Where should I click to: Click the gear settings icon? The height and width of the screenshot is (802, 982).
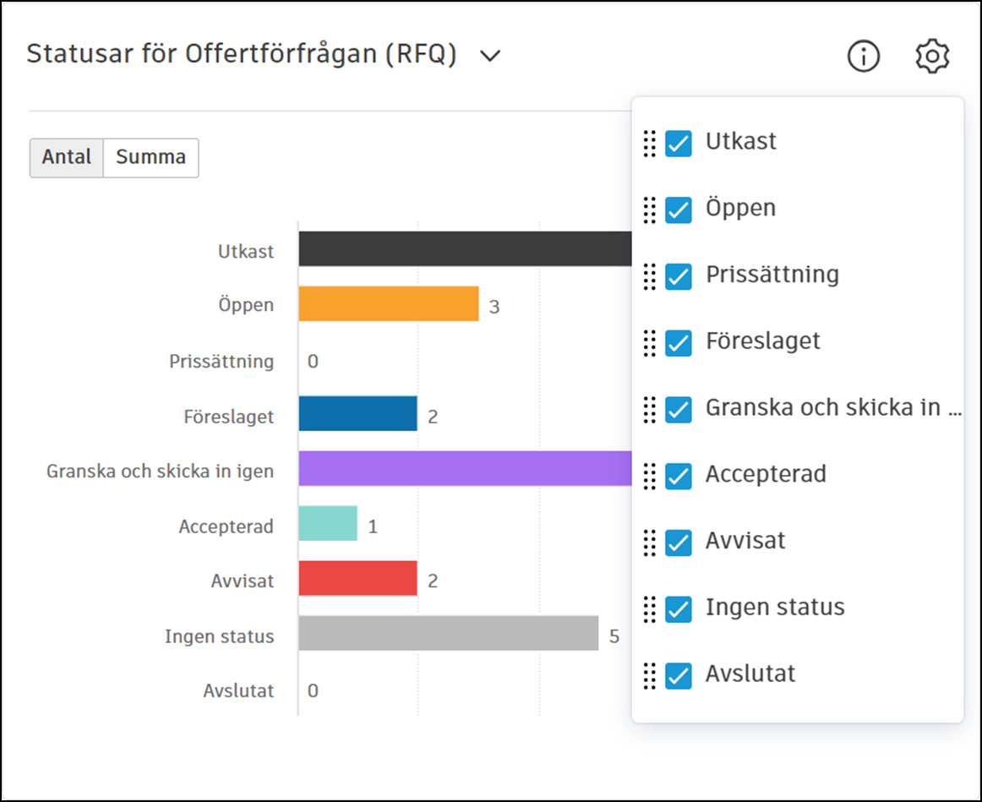tap(932, 57)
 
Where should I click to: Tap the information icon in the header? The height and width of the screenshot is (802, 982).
tap(863, 57)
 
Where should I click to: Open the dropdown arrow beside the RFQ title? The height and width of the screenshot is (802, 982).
tap(490, 57)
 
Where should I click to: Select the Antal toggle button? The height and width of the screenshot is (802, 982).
tap(67, 158)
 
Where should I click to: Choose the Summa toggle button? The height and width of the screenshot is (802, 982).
tap(151, 158)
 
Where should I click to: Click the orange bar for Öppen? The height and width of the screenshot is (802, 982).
tap(389, 303)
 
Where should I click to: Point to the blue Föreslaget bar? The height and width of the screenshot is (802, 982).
tap(357, 413)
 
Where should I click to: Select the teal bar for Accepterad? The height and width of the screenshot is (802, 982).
tap(328, 523)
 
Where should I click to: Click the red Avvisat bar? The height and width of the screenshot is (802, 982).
tap(357, 578)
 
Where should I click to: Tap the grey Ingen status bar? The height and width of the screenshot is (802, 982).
tap(448, 633)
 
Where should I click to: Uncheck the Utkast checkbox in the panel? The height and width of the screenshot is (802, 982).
tap(678, 144)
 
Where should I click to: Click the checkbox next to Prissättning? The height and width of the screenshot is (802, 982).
tap(678, 276)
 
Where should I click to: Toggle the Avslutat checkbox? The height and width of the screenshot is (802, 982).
tap(678, 676)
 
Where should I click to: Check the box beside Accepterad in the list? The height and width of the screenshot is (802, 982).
tap(678, 477)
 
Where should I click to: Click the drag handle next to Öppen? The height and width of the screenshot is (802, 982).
tap(649, 210)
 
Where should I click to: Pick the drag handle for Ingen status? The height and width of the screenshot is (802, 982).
tap(649, 609)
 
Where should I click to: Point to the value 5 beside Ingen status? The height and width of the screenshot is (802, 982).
tap(614, 636)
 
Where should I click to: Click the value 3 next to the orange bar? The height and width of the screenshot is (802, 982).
tap(494, 307)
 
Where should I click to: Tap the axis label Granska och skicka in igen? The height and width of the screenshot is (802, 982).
tap(160, 471)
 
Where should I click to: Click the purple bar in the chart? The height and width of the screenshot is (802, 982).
tap(465, 468)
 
